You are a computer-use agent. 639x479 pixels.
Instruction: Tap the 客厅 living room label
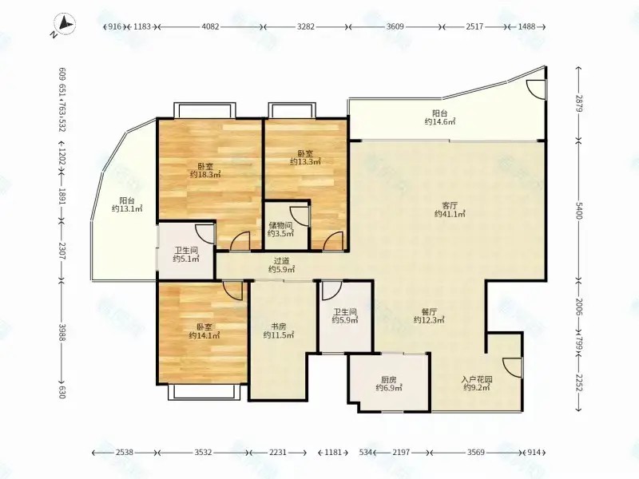450,205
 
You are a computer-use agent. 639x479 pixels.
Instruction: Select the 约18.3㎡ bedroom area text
205,175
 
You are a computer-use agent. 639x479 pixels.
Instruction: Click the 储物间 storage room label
281,225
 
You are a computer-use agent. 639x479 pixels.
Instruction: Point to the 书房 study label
279,327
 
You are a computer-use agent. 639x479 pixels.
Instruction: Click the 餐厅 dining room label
429,311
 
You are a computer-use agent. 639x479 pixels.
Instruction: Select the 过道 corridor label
281,260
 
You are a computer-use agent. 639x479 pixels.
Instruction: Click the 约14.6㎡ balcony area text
440,122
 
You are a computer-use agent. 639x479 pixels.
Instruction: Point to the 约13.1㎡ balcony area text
127,209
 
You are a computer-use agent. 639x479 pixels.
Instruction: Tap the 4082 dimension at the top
211,27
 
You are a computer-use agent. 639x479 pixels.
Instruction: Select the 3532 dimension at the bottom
204,452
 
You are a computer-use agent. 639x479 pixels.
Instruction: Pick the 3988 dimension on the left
62,332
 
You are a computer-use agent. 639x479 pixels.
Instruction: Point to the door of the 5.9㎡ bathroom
331,291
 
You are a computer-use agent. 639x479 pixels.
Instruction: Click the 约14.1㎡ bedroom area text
205,336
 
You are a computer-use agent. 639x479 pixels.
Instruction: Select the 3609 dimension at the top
395,27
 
